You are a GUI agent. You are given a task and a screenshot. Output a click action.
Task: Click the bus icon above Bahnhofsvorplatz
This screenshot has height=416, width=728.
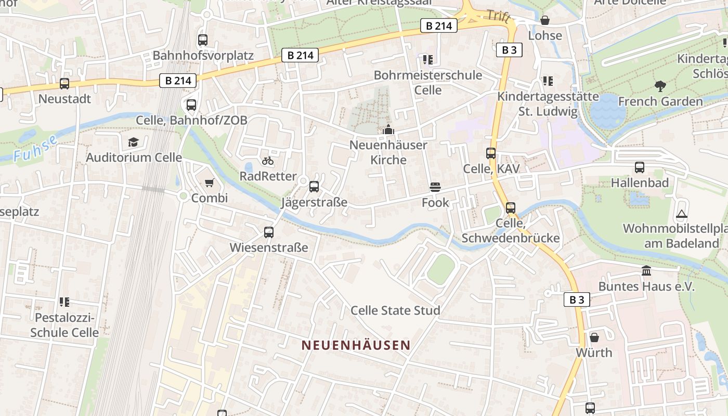(203, 40)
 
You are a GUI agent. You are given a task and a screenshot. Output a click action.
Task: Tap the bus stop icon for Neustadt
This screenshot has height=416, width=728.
(64, 83)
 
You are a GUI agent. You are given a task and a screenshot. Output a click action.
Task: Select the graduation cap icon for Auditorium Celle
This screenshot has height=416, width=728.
(134, 142)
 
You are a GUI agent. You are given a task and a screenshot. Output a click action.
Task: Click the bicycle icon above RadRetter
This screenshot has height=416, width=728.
(268, 161)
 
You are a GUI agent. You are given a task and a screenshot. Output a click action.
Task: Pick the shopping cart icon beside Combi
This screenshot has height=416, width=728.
(210, 183)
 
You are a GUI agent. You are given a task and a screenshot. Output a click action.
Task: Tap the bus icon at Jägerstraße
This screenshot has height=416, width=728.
(314, 187)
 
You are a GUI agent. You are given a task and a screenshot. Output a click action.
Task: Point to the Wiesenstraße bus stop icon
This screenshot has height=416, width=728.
(269, 232)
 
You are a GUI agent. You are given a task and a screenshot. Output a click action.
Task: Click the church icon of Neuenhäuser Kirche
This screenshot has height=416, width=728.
(388, 130)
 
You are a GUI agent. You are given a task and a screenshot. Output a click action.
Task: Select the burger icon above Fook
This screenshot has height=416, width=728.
(435, 187)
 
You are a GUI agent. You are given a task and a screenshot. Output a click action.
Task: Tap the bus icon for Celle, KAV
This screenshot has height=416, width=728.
(491, 153)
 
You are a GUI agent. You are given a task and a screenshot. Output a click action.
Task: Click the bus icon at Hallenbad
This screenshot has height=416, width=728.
(640, 167)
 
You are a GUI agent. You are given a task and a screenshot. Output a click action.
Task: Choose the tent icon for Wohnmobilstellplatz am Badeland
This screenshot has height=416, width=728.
(681, 214)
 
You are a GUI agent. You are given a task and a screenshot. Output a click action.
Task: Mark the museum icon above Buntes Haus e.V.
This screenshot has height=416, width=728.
(646, 271)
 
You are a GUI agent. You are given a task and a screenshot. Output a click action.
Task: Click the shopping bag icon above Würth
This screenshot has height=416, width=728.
(594, 337)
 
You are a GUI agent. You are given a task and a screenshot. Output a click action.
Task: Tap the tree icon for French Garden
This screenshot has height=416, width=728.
(660, 86)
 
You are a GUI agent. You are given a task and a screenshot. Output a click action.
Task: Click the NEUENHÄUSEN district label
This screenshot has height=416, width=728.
(356, 345)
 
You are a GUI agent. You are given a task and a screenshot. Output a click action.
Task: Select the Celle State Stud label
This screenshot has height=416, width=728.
(395, 310)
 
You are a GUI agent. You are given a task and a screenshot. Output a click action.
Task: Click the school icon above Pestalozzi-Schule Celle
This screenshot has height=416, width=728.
(64, 302)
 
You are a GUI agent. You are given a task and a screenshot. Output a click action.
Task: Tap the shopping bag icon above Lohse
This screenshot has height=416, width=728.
(545, 20)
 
